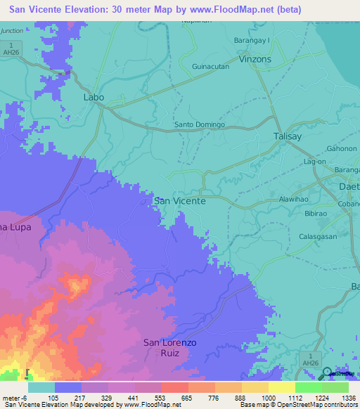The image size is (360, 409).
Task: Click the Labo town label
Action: tap(94, 97)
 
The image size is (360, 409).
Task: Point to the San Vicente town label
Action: tap(179, 201)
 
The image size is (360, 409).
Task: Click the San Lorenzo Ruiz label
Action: tap(169, 348)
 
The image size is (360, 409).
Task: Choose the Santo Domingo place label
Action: tap(199, 125)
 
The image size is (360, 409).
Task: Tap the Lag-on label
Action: tap(314, 162)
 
